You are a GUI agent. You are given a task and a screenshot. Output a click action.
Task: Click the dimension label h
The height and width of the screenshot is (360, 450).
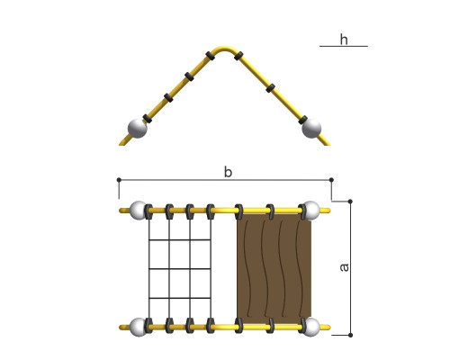tap(344, 40)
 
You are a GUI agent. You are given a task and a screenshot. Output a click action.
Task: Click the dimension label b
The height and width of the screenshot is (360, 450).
tap(228, 172)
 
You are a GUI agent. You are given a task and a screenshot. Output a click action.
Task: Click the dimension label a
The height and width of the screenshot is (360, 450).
tap(345, 267)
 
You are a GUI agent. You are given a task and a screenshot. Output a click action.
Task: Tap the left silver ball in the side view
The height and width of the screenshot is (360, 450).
tap(138, 129)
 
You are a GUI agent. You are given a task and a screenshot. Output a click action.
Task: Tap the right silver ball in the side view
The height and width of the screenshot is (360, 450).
tap(311, 129)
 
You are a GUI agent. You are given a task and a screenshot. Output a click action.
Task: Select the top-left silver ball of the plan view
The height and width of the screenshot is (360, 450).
tap(139, 211)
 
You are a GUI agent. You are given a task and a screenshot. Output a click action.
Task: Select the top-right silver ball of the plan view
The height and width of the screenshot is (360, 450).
tap(310, 211)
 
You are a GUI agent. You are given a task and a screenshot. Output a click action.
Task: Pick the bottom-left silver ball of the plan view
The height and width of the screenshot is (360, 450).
tap(139, 327)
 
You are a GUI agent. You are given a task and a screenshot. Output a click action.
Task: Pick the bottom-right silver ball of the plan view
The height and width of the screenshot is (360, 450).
tap(310, 327)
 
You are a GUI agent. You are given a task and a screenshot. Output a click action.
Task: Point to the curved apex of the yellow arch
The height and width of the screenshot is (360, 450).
tap(224, 48)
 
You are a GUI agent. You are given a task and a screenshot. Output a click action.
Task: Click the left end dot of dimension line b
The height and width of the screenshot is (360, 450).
tap(119, 180)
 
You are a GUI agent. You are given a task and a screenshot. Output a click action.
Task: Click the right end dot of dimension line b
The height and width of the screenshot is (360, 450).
tap(331, 180)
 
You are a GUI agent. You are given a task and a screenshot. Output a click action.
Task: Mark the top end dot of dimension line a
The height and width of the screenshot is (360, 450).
tap(350, 201)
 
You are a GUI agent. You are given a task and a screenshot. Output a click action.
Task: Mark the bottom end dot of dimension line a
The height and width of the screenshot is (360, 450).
tap(350, 335)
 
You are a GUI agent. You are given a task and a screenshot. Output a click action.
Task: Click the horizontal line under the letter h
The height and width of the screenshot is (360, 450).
tap(344, 46)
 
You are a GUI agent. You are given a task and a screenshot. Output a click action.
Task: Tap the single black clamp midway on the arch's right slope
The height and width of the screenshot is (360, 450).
tap(270, 88)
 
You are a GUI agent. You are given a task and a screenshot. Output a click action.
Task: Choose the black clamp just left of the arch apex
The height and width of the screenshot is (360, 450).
tap(211, 56)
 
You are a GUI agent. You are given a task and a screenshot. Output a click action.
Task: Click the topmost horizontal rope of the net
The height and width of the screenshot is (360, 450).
tap(180, 239)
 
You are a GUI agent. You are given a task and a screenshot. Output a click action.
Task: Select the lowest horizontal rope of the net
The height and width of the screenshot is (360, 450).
tap(180, 298)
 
